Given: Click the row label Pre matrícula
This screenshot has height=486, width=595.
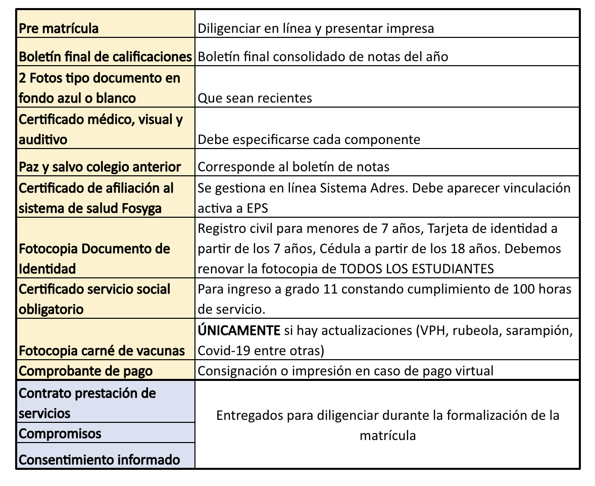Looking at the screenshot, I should click(59, 29).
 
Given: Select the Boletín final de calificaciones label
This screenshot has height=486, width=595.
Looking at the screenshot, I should click(105, 57).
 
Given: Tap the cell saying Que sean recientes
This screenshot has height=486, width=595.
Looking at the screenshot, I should click(255, 98).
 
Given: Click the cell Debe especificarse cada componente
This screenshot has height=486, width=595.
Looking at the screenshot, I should click(309, 139).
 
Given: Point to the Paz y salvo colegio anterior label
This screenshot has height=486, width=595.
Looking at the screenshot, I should click(100, 167).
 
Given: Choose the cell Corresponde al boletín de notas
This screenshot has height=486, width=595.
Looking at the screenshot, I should click(293, 167).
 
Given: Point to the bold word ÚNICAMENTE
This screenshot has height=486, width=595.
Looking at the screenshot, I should click(238, 331).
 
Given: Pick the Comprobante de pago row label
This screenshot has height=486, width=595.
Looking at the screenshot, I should click(85, 371).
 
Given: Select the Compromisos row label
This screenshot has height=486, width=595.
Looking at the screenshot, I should click(60, 433).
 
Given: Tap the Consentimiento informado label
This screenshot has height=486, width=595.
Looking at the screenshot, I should click(100, 460).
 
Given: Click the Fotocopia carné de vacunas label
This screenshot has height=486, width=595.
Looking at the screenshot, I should click(102, 351).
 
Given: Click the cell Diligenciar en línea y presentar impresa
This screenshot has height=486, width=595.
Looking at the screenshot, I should click(316, 29).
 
